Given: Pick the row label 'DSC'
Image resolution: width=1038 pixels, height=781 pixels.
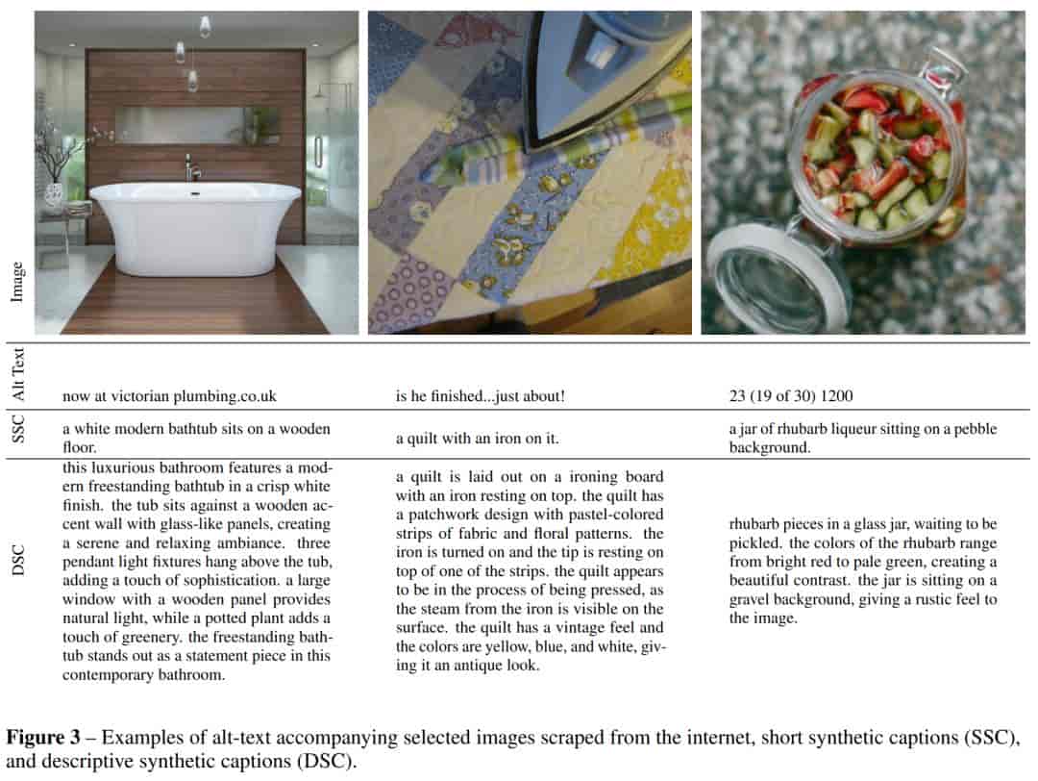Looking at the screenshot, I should point(17,561).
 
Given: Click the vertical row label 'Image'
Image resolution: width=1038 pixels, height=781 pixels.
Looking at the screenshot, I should point(17,281).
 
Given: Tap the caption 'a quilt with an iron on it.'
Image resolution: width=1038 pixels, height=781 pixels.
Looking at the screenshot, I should point(478,439).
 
